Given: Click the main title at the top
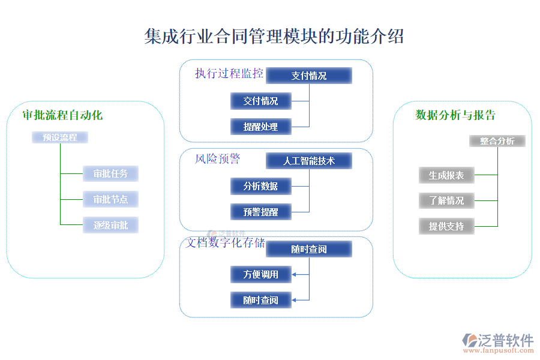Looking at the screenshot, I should [274, 36].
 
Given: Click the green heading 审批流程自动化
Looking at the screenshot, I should [62, 115].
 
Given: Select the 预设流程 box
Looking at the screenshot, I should [60, 137].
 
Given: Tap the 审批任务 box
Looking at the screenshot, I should [110, 174].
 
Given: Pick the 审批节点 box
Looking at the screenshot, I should [110, 199].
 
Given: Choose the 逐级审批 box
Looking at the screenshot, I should [110, 225].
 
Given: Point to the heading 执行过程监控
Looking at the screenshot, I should [229, 74].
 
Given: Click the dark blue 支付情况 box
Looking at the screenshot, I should [309, 76].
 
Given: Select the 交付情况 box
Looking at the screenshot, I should [261, 101].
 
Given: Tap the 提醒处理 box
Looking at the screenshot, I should [261, 127].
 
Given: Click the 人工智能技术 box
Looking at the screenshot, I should [309, 161].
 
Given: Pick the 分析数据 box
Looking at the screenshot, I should [261, 186].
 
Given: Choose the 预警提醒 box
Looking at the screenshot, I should [261, 212].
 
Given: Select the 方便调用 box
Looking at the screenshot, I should [261, 275].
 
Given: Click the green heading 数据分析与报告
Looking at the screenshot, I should [455, 115].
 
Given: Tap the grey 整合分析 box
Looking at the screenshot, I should [497, 141].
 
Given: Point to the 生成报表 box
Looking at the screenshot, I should [446, 175].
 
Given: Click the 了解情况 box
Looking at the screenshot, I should [446, 200].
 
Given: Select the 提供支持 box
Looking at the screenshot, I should [446, 226].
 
